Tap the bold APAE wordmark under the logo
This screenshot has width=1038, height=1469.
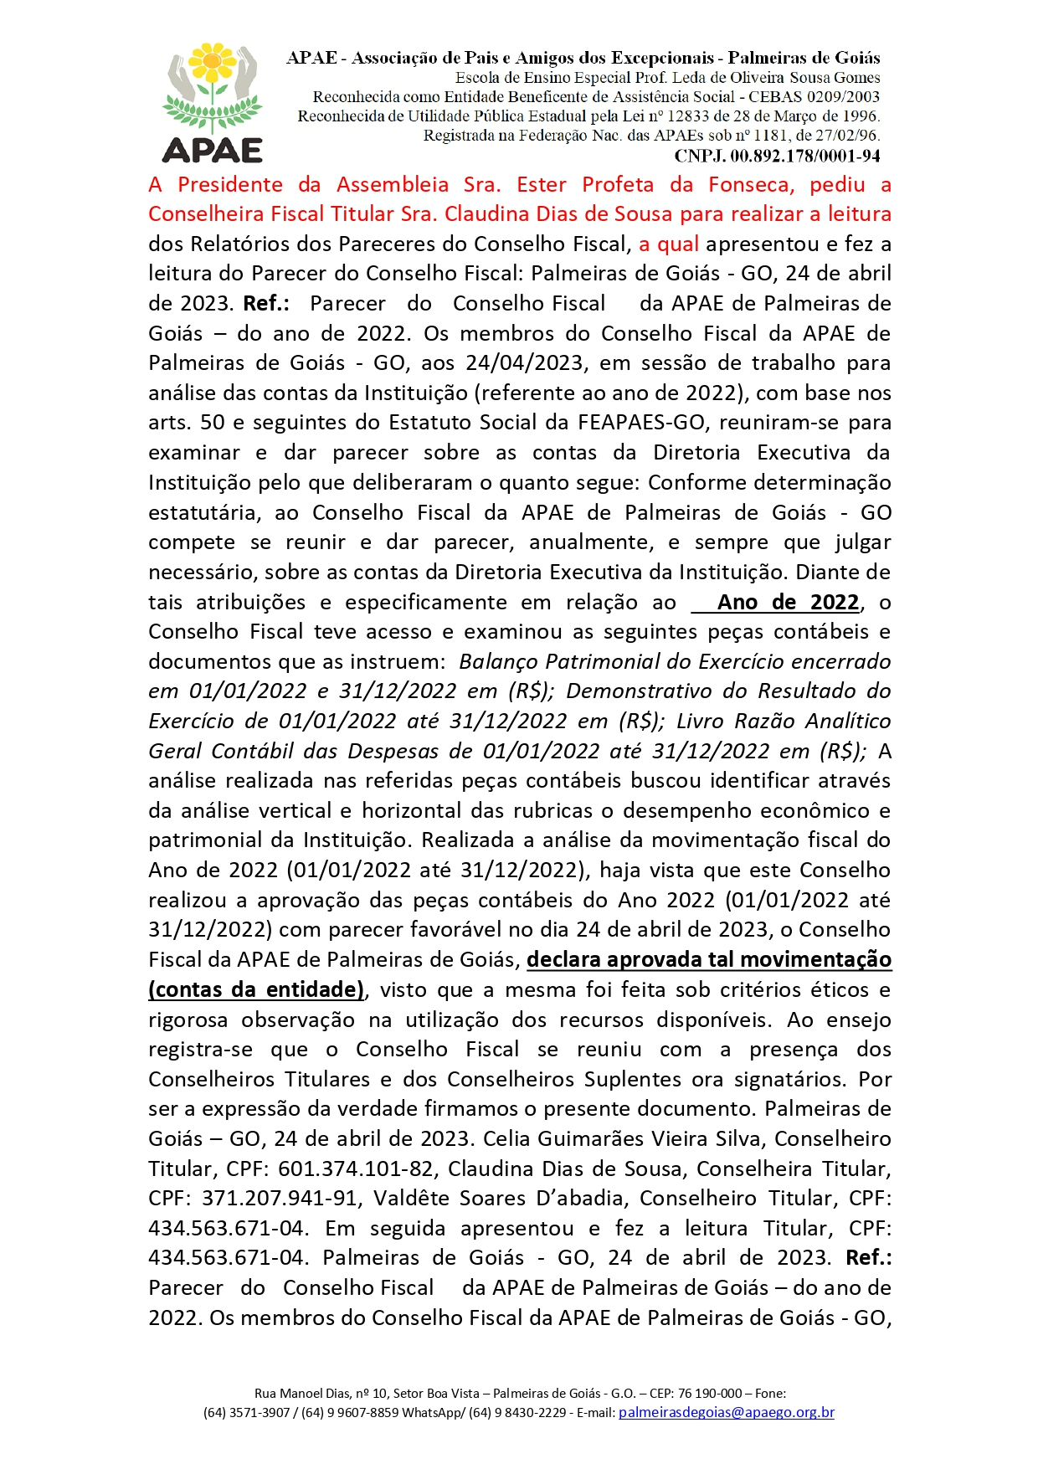pyautogui.click(x=213, y=151)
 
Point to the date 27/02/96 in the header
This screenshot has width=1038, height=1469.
pyautogui.click(x=850, y=136)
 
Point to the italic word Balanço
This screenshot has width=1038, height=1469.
pyautogui.click(x=499, y=661)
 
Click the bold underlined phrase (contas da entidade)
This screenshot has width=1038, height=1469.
pyautogui.click(x=256, y=989)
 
